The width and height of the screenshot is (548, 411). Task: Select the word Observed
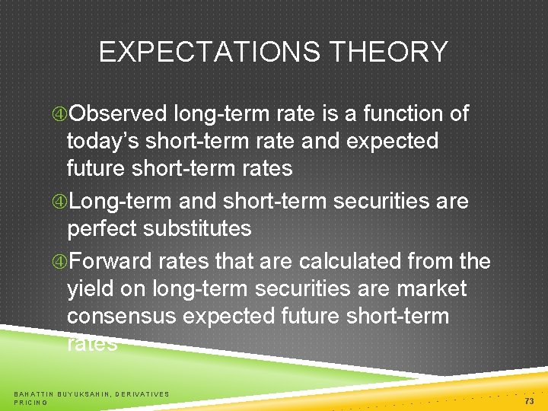pyautogui.click(x=118, y=114)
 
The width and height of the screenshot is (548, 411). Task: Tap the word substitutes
pyautogui.click(x=205, y=229)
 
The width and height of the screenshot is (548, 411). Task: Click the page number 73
pyautogui.click(x=530, y=400)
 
